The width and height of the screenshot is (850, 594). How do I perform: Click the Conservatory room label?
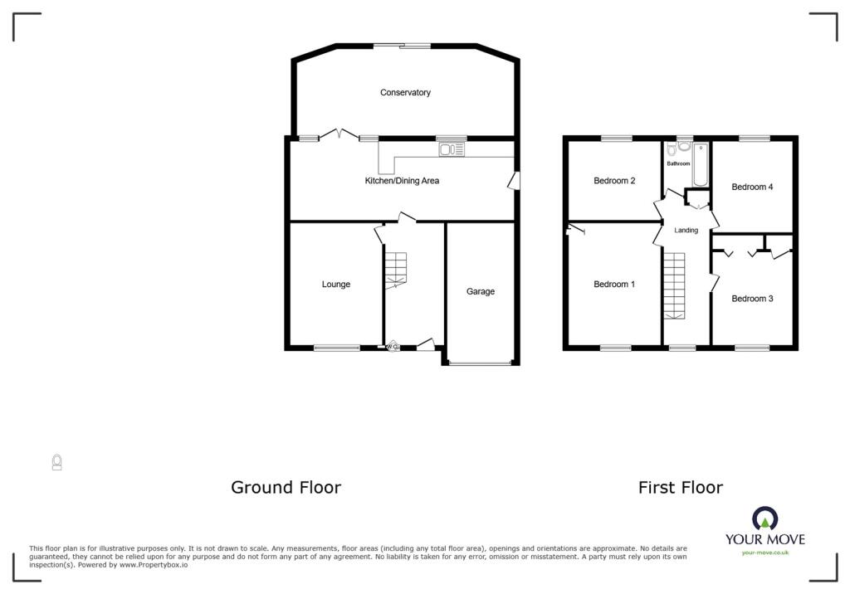(x=405, y=93)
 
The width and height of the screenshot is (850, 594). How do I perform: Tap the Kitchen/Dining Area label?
(x=402, y=181)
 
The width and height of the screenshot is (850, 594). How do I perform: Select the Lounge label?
(x=336, y=284)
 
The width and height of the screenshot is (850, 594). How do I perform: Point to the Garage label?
(x=481, y=291)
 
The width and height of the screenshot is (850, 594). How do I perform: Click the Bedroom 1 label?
(x=614, y=284)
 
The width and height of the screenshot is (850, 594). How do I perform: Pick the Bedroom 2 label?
(x=614, y=181)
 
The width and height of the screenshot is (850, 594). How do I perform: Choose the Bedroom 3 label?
(x=752, y=299)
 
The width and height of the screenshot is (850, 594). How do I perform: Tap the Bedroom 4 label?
(x=752, y=187)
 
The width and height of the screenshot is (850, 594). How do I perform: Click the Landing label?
(x=686, y=231)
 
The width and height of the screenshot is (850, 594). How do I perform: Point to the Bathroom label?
(x=678, y=163)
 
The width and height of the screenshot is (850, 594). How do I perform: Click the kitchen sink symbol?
(x=452, y=149)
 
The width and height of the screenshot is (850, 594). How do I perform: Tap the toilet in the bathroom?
(x=672, y=150)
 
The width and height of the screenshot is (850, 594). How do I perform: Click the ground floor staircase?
(x=396, y=270)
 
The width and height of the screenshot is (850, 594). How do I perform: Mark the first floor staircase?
(x=675, y=286)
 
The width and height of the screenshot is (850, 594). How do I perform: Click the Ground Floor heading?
(x=286, y=487)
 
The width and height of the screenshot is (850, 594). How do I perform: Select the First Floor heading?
(x=681, y=488)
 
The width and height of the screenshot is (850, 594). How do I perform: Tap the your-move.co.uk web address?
(x=765, y=553)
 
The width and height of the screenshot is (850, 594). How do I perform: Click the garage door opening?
(x=481, y=363)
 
